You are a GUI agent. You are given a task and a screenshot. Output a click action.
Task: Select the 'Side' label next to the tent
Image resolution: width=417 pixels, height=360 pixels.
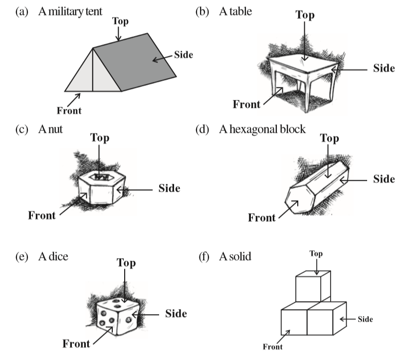[183, 54]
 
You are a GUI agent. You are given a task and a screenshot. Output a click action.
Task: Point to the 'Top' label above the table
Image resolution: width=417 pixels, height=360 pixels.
[305, 14]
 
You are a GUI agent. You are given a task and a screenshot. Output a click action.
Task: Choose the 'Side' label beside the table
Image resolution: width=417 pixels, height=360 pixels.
[384, 68]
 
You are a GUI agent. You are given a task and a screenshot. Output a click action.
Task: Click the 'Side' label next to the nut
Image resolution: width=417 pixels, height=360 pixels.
[169, 188]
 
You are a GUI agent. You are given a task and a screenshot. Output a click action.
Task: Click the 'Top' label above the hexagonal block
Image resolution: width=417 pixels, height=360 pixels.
[329, 138]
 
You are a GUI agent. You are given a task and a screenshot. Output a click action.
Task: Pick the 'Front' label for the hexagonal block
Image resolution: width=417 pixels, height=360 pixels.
[262, 217]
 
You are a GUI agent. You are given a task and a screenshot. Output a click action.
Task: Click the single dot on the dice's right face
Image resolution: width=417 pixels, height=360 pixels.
[129, 318]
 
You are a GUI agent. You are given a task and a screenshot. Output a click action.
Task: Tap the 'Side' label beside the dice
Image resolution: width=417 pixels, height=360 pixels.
[176, 313]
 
